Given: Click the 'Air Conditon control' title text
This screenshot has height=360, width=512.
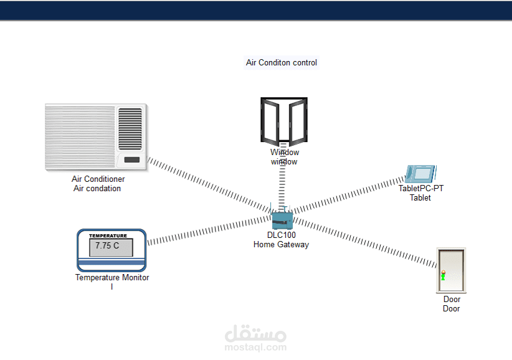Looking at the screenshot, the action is tap(281, 62).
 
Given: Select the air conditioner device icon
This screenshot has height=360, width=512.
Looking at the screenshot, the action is tap(96, 137).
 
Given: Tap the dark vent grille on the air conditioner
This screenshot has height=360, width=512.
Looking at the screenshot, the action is tap(130, 129).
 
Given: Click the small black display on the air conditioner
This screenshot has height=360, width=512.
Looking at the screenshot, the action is tap(132, 159).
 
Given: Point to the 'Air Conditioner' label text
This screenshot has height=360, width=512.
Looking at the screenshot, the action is tap(98, 179).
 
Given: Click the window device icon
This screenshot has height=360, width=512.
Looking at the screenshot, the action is tap(284, 121).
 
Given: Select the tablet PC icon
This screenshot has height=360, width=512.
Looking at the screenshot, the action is tap(420, 174).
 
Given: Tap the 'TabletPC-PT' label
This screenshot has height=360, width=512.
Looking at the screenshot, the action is tap(421, 188).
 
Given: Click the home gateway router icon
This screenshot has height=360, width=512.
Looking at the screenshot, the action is tap(282, 218).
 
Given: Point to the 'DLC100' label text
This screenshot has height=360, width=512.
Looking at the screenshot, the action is tap(281, 235).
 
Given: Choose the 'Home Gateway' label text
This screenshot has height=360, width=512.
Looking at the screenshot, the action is tap(281, 244).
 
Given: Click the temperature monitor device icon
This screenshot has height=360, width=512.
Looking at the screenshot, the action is tap(111, 250).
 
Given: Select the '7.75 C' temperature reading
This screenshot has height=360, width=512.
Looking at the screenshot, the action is tap(107, 245).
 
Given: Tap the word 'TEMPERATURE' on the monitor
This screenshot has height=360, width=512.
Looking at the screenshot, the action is tap(108, 235).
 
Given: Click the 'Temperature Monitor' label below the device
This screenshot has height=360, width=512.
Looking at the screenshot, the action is tap(112, 277).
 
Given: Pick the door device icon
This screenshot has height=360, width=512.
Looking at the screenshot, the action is tap(451, 270).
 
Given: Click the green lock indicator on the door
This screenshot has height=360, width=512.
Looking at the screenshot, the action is tap(443, 277).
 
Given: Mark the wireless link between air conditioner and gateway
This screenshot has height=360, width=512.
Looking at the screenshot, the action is tap(209, 184).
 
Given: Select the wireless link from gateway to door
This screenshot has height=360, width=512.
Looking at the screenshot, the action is tap(365, 242).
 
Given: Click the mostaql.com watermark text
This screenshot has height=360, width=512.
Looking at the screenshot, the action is tap(255, 347).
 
